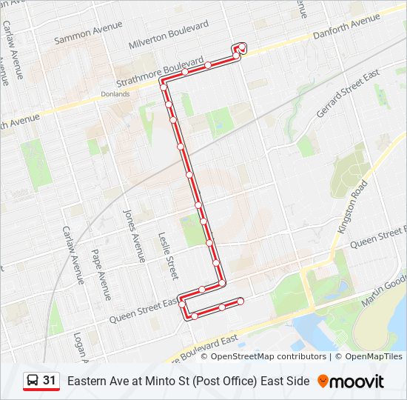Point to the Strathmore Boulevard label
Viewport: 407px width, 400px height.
[159, 70]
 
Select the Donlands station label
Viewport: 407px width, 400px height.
[115, 94]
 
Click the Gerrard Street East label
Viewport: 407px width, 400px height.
[348, 94]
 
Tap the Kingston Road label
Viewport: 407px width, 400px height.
[352, 208]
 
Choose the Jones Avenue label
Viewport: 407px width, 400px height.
[134, 236]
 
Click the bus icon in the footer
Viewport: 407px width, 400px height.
[33, 381]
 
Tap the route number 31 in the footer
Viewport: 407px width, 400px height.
[50, 381]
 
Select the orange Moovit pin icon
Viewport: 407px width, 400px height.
[323, 381]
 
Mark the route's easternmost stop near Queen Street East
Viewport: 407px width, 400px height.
[240, 301]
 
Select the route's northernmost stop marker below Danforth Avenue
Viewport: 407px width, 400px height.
[243, 47]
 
